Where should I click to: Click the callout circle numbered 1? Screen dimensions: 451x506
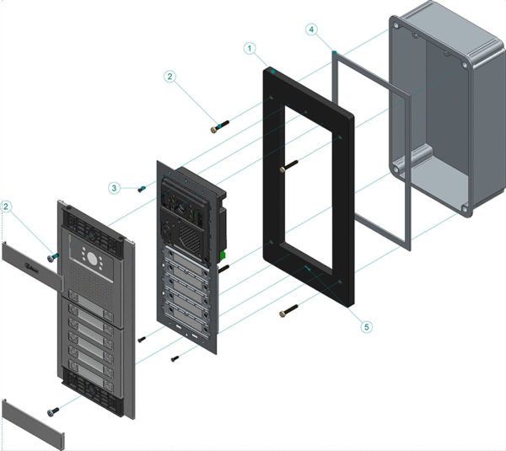tap(250, 49)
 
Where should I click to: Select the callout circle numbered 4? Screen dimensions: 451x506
tap(311, 30)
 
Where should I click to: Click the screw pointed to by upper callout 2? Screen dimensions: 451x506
tap(218, 127)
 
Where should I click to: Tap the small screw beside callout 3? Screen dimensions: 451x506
tap(143, 188)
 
